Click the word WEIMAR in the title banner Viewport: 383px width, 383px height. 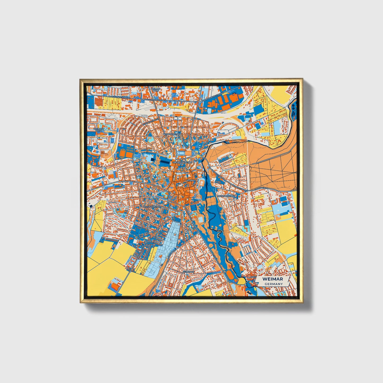coord(272,279)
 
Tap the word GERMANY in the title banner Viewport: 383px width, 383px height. coord(273,284)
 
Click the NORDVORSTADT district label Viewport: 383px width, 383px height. coord(172,134)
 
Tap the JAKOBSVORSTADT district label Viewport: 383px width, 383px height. coord(181,162)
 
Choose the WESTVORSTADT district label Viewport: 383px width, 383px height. coord(152,206)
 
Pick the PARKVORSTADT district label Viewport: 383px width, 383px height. coord(226,196)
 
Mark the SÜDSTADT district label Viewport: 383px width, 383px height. coord(188,272)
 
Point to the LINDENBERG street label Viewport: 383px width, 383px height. coord(260,188)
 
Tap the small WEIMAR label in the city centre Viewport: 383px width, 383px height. coord(191,180)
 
